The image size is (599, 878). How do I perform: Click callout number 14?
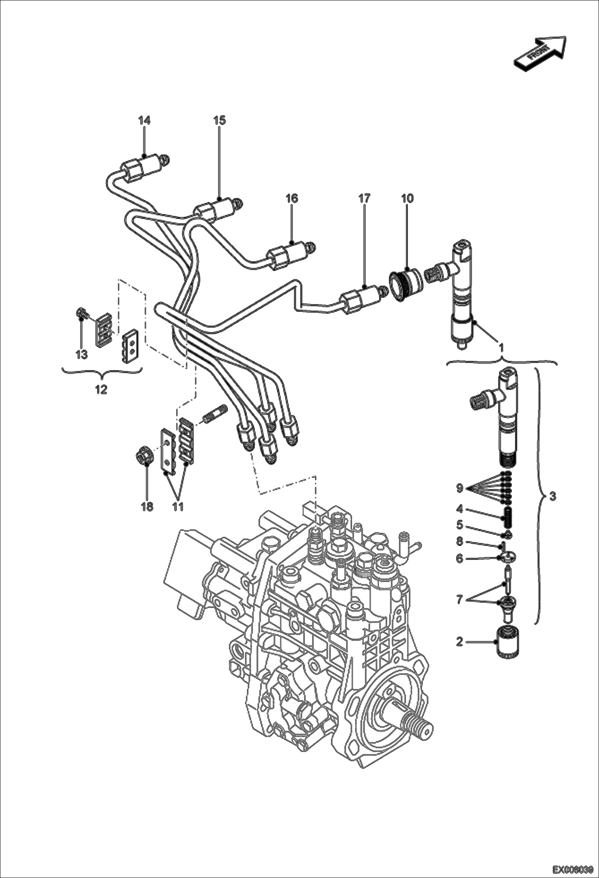(144, 120)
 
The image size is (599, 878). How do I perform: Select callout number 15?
(219, 120)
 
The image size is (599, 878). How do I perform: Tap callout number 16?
(292, 198)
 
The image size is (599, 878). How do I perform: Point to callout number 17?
(364, 198)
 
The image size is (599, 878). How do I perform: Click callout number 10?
(407, 198)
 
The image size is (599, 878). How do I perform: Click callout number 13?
(82, 354)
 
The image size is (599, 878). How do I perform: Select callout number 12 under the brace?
(101, 389)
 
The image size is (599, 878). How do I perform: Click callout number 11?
(178, 507)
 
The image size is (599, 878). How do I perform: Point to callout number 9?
(459, 488)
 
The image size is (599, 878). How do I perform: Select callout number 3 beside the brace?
(552, 496)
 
